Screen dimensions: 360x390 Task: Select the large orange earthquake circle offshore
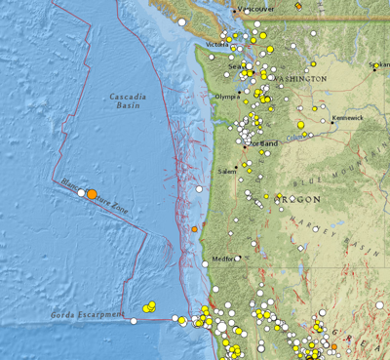92,195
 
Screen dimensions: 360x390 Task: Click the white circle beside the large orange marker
81,193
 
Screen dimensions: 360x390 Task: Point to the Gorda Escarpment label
88,314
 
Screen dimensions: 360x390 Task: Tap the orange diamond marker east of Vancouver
299,6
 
